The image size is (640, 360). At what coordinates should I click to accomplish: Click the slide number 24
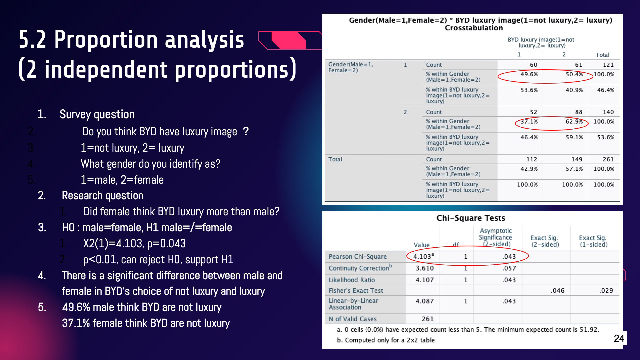click(619, 338)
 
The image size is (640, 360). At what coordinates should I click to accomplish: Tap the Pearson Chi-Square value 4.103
click(423, 256)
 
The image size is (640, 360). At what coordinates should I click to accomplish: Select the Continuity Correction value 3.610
click(425, 268)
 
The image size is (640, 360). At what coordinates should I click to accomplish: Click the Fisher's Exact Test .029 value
click(606, 291)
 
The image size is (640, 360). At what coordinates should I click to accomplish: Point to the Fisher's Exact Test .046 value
click(558, 291)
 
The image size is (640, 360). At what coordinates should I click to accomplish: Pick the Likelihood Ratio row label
click(352, 280)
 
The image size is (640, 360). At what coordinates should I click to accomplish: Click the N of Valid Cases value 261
click(428, 319)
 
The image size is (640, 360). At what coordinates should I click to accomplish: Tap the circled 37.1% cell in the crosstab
click(529, 122)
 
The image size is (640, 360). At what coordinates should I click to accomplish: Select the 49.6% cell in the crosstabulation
click(529, 74)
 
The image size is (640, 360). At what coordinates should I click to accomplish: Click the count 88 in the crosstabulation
click(579, 112)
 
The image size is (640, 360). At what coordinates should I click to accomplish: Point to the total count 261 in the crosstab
click(608, 160)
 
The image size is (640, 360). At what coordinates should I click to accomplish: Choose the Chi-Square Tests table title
click(471, 218)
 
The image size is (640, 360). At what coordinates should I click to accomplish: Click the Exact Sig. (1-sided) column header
click(593, 241)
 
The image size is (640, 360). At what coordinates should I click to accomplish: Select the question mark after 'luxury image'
click(246, 131)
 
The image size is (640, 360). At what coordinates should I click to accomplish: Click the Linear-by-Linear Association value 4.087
click(425, 301)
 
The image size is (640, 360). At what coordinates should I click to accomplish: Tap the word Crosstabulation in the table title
click(474, 28)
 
